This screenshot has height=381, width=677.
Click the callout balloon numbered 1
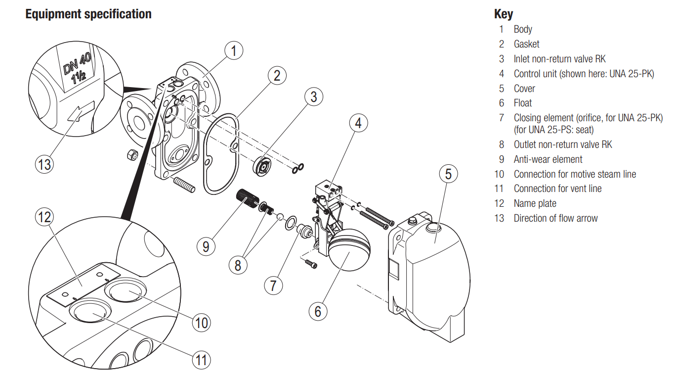(x=234, y=50)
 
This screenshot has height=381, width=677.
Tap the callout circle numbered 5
(x=448, y=174)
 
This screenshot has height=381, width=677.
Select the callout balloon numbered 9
(x=206, y=246)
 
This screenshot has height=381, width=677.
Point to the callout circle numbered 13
(x=44, y=164)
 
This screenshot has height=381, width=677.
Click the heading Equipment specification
(x=88, y=14)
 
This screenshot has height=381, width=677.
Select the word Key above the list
(x=504, y=14)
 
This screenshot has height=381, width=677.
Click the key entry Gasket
(x=526, y=44)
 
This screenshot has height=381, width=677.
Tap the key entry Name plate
(x=535, y=203)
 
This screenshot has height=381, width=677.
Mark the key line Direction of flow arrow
(x=555, y=218)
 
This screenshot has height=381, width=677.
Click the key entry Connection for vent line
(x=557, y=189)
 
